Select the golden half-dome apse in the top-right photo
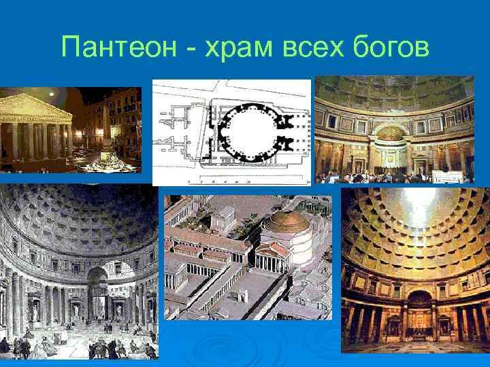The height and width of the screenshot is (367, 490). coord(391,133)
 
